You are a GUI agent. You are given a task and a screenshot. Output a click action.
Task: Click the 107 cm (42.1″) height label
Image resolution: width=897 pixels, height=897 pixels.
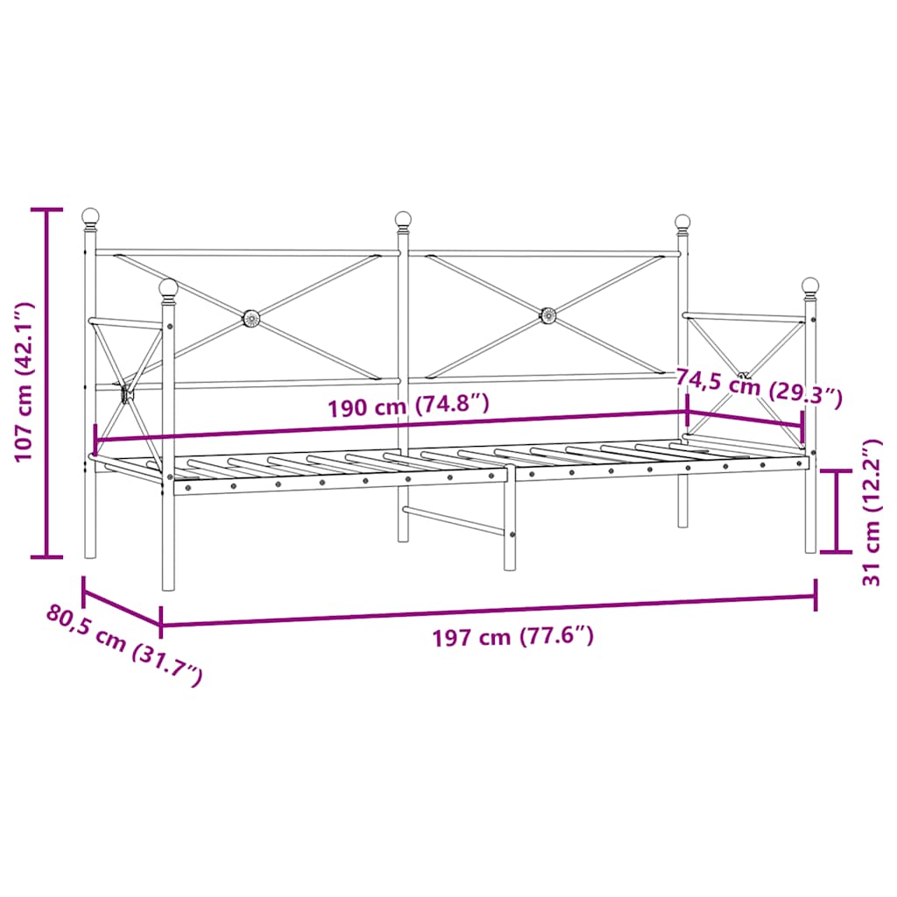pos(24,382)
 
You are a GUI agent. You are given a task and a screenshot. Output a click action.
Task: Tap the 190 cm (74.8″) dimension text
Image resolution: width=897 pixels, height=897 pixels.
pos(407,406)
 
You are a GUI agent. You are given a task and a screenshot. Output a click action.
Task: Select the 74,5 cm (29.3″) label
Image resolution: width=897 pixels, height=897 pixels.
pos(759,387)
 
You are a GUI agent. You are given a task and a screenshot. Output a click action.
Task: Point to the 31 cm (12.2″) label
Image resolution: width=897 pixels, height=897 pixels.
pos(870,512)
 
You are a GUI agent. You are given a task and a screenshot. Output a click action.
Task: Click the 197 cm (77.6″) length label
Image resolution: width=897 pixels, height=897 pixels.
pos(513,637)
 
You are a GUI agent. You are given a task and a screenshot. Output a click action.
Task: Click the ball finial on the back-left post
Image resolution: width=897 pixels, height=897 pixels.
pos(90,215)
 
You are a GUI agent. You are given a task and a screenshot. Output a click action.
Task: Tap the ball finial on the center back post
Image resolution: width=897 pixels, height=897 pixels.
pos(403,218)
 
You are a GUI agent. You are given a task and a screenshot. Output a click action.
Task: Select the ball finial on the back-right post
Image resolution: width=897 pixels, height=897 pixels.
pos(682,222)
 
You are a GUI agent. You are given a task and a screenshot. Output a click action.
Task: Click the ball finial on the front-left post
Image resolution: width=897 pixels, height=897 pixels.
pos(168,286)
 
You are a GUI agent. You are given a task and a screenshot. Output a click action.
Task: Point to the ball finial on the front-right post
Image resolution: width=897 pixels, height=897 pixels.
pos(810,285)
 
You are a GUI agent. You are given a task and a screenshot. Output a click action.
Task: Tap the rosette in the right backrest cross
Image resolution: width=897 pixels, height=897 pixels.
pos(548,314)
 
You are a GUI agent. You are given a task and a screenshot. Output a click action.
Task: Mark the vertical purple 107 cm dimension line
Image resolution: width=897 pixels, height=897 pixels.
pos(47,383)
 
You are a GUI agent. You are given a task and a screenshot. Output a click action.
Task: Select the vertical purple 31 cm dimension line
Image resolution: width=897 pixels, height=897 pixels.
pos(838,512)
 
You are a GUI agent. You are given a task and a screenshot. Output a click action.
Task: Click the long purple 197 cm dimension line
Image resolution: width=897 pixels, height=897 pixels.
pos(488,611)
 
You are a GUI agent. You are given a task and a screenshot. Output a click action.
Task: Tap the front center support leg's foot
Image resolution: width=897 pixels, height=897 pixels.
pos(510,565)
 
